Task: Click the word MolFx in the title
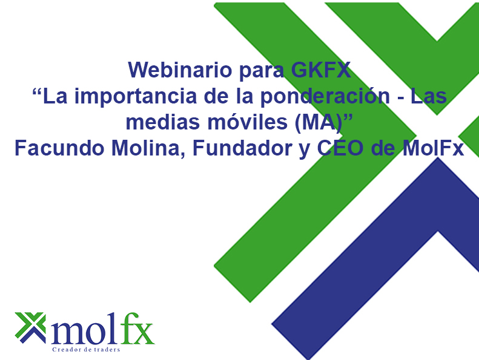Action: (432, 148)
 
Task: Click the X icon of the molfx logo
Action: (30, 327)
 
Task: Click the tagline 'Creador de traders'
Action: (87, 350)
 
